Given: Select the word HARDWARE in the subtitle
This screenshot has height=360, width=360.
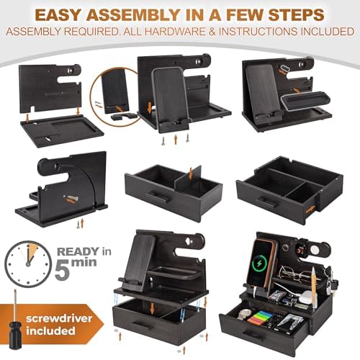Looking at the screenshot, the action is (x=175, y=32).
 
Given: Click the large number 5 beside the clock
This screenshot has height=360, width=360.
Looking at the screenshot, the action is (x=63, y=271).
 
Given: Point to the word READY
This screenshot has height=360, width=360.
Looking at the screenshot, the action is (x=78, y=252).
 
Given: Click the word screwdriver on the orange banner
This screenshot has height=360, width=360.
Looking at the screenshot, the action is (x=59, y=319).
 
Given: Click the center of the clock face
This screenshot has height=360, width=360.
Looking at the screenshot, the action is (x=28, y=264).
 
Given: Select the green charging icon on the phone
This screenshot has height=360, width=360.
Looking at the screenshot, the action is (x=260, y=264).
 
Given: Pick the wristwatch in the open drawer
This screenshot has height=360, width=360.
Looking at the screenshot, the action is (x=244, y=314).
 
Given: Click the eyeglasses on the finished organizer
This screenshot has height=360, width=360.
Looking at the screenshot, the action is (x=296, y=273).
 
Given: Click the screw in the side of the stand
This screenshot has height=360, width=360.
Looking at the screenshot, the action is (x=71, y=198).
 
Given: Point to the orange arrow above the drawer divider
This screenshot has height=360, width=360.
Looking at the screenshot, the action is (x=191, y=174).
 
